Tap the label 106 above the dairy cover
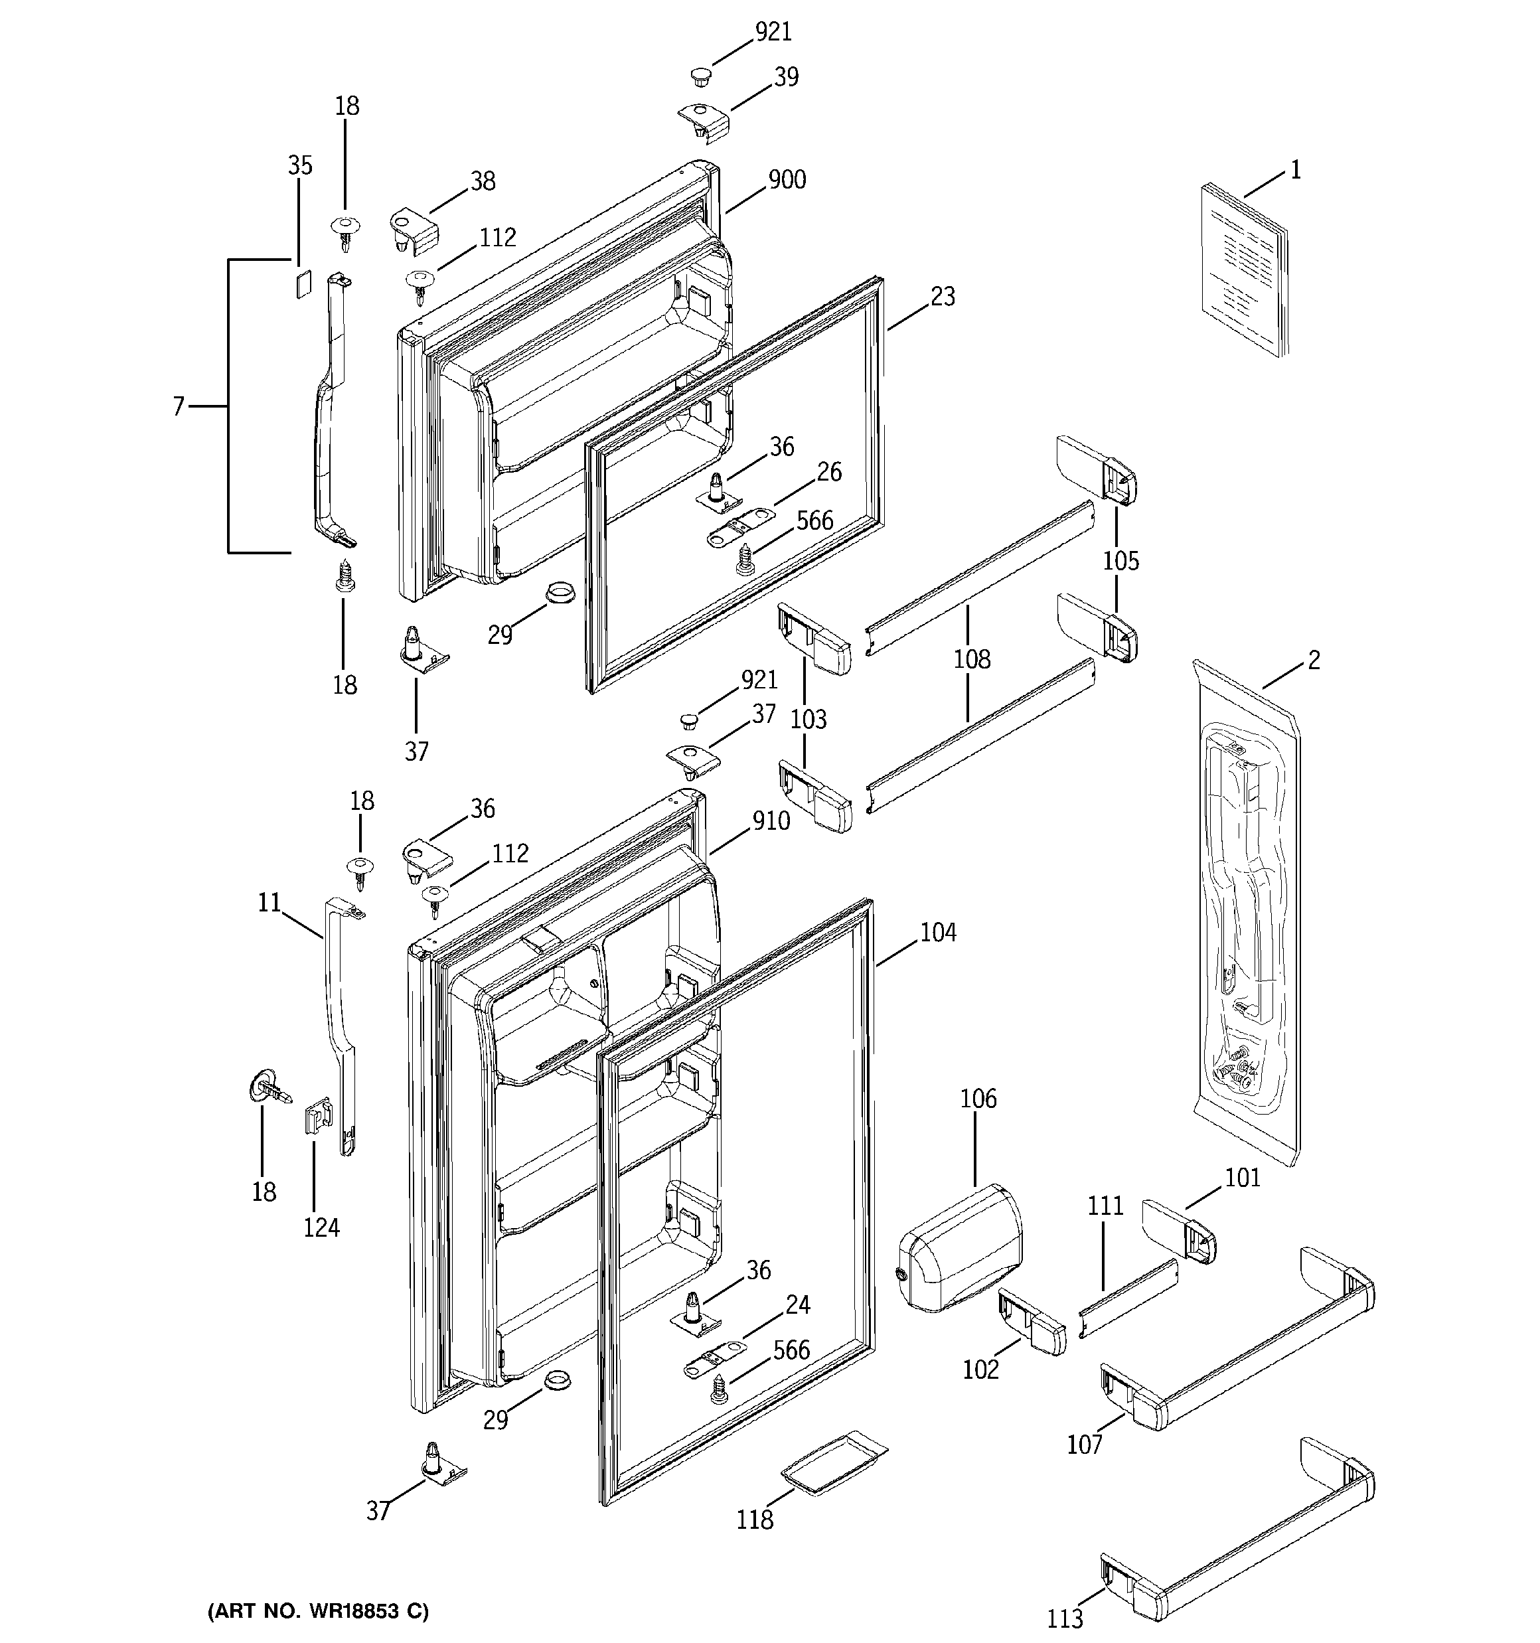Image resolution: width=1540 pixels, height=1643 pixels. tap(978, 1099)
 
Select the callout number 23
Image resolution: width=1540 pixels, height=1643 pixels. tap(943, 296)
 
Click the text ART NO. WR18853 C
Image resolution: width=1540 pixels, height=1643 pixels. tap(318, 1610)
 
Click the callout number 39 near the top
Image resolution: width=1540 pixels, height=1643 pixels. tap(786, 77)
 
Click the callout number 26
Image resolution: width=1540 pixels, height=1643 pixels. tap(828, 472)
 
